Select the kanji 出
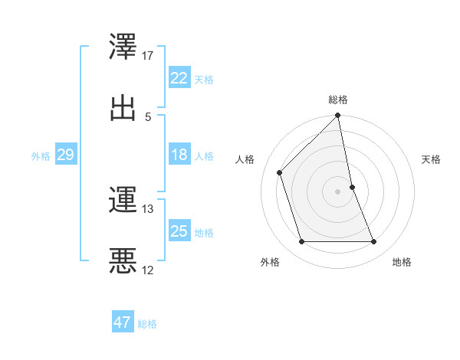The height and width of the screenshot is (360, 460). click(123, 107)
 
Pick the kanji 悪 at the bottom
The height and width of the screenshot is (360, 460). click(123, 260)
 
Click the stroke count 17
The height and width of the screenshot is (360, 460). click(148, 56)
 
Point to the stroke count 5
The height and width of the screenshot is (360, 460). click(148, 116)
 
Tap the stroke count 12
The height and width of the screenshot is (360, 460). click(148, 270)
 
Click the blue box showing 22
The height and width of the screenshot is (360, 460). click(179, 78)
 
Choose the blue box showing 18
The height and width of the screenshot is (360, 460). click(179, 155)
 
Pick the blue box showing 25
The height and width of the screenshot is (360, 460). click(179, 231)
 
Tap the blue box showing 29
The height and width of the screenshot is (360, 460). click(65, 155)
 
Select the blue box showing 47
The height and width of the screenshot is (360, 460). click(123, 322)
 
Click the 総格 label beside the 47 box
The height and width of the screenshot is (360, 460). click(147, 324)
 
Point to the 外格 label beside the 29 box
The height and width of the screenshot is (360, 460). click(41, 156)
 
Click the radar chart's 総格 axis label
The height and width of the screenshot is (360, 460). click(338, 100)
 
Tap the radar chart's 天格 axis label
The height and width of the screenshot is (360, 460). click(431, 159)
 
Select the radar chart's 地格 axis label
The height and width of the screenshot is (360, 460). click(402, 263)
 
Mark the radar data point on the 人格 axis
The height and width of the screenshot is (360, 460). click(280, 172)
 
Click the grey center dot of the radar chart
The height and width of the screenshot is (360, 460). click(338, 191)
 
